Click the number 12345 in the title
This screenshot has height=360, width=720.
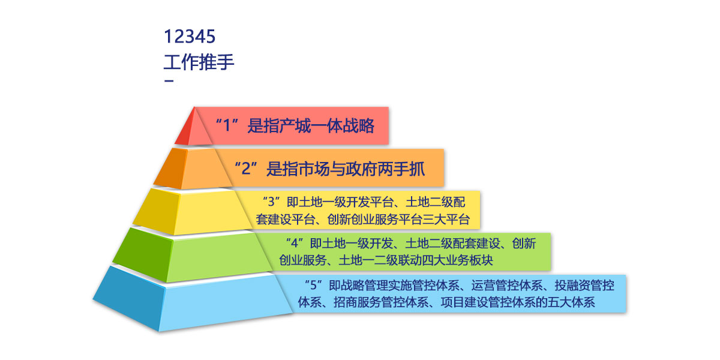click(190, 37)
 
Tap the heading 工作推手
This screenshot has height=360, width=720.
click(199, 62)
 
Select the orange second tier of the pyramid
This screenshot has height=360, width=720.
click(193, 168)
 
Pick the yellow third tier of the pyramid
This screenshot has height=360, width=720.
click(193, 211)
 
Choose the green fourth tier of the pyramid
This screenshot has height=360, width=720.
click(193, 256)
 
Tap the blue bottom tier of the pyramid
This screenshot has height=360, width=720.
click(193, 301)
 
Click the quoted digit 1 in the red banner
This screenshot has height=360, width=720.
click(227, 125)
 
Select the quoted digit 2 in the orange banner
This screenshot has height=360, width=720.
click(246, 169)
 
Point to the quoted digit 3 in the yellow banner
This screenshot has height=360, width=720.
click(272, 202)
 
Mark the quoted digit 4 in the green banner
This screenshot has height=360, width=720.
click(295, 244)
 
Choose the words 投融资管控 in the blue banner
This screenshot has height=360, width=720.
click(584, 286)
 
